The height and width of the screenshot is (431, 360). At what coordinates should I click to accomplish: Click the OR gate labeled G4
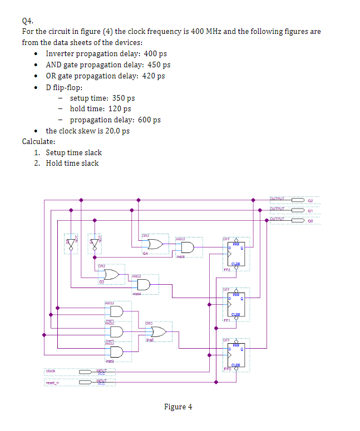pyautogui.click(x=154, y=244)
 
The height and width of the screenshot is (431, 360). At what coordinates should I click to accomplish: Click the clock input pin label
pyautogui.click(x=51, y=370)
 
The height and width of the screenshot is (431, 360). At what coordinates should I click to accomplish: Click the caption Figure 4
pyautogui.click(x=178, y=407)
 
